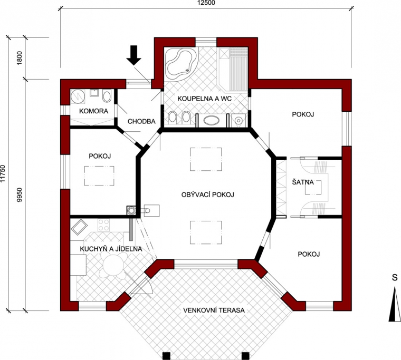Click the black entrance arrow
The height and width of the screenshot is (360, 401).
(133, 55)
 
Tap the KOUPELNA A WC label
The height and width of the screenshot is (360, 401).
(205, 99)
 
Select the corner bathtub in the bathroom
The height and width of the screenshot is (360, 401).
(181, 63)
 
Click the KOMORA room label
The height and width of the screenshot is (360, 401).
(93, 111)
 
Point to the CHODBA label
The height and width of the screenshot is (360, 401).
(141, 121)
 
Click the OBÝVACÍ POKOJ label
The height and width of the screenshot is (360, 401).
(208, 194)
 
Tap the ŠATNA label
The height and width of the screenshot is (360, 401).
(303, 182)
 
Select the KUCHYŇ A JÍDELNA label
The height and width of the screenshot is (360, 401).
(111, 249)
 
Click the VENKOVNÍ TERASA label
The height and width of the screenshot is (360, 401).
(214, 310)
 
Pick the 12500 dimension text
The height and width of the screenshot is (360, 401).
(206, 3)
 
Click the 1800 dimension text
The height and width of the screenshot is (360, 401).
(20, 58)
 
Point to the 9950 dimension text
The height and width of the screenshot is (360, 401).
(20, 194)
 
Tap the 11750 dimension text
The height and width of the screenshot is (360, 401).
(3, 174)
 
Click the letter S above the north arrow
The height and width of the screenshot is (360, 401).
(395, 277)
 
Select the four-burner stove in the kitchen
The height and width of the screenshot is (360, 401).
(103, 226)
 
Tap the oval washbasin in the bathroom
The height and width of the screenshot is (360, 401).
(211, 120)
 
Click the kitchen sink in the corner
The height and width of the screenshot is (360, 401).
(79, 227)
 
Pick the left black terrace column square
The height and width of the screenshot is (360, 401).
(166, 356)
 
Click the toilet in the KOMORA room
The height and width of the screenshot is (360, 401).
(107, 95)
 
